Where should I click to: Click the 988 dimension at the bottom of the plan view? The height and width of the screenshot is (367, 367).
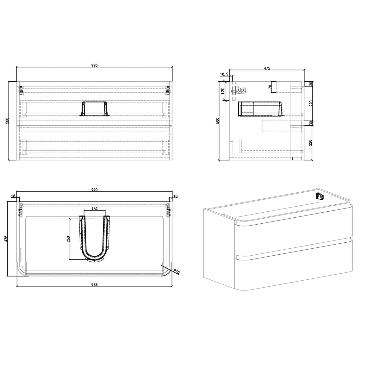pyautogui.click(x=94, y=285)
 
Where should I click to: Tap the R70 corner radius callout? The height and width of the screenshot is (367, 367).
pyautogui.click(x=177, y=272)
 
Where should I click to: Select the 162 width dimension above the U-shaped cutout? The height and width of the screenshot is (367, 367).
pyautogui.click(x=94, y=209)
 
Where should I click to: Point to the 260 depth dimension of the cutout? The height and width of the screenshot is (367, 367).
pyautogui.click(x=68, y=239)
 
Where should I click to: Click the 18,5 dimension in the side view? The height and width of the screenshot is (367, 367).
pyautogui.click(x=224, y=74)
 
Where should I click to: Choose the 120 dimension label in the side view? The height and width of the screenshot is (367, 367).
pyautogui.click(x=223, y=90)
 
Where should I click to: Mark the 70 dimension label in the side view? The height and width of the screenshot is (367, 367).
pyautogui.click(x=270, y=87)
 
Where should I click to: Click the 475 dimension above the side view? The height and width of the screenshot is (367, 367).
pyautogui.click(x=267, y=68)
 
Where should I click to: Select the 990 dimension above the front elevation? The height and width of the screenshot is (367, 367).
pyautogui.click(x=94, y=65)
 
